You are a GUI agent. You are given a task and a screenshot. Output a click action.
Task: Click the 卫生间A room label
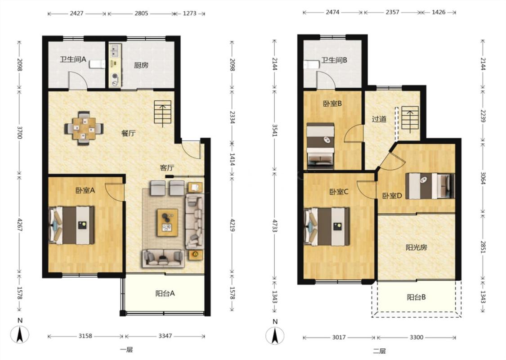click(73, 59)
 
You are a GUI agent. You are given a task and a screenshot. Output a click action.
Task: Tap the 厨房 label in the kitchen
click(141, 65)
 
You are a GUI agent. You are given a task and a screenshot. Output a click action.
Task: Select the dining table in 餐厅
click(84, 128)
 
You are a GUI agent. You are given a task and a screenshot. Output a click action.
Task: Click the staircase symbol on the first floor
click(163, 112)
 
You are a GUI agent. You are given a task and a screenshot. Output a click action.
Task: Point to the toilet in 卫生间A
click(98, 64)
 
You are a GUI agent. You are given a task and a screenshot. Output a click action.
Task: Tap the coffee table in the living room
click(167, 222)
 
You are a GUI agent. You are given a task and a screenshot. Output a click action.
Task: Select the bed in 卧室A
click(72, 225)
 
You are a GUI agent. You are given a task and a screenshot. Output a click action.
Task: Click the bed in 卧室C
click(327, 226)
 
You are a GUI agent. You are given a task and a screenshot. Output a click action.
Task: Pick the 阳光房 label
click(416, 247)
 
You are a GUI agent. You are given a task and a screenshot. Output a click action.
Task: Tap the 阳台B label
click(416, 297)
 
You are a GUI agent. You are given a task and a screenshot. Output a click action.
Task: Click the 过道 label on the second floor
click(379, 119)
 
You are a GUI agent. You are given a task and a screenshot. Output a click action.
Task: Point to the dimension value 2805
click(141, 13)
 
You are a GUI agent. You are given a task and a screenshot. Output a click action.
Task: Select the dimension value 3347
click(165, 336)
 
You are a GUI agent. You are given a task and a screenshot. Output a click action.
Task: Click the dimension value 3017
click(339, 337)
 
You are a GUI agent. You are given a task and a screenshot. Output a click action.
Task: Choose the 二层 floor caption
click(379, 351)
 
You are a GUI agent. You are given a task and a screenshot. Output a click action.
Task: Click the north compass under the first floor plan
click(20, 334)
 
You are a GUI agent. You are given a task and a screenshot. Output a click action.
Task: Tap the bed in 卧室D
click(430, 186)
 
